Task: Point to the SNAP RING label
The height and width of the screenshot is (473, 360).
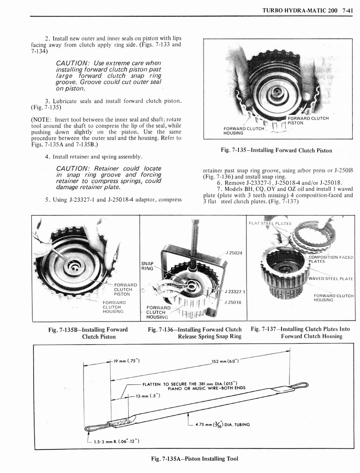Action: point(147,266)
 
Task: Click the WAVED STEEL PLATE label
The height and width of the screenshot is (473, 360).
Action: point(331,279)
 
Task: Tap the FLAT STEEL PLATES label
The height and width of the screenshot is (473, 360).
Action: point(270,224)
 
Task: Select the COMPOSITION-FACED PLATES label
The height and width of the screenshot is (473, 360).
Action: point(331,259)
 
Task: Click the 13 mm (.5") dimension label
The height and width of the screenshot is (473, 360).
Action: point(147,397)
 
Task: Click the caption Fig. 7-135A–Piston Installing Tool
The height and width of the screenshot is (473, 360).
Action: point(194,459)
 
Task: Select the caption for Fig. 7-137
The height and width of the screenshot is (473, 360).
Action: point(300,333)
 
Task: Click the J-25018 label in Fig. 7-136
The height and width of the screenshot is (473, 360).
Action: point(234,303)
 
